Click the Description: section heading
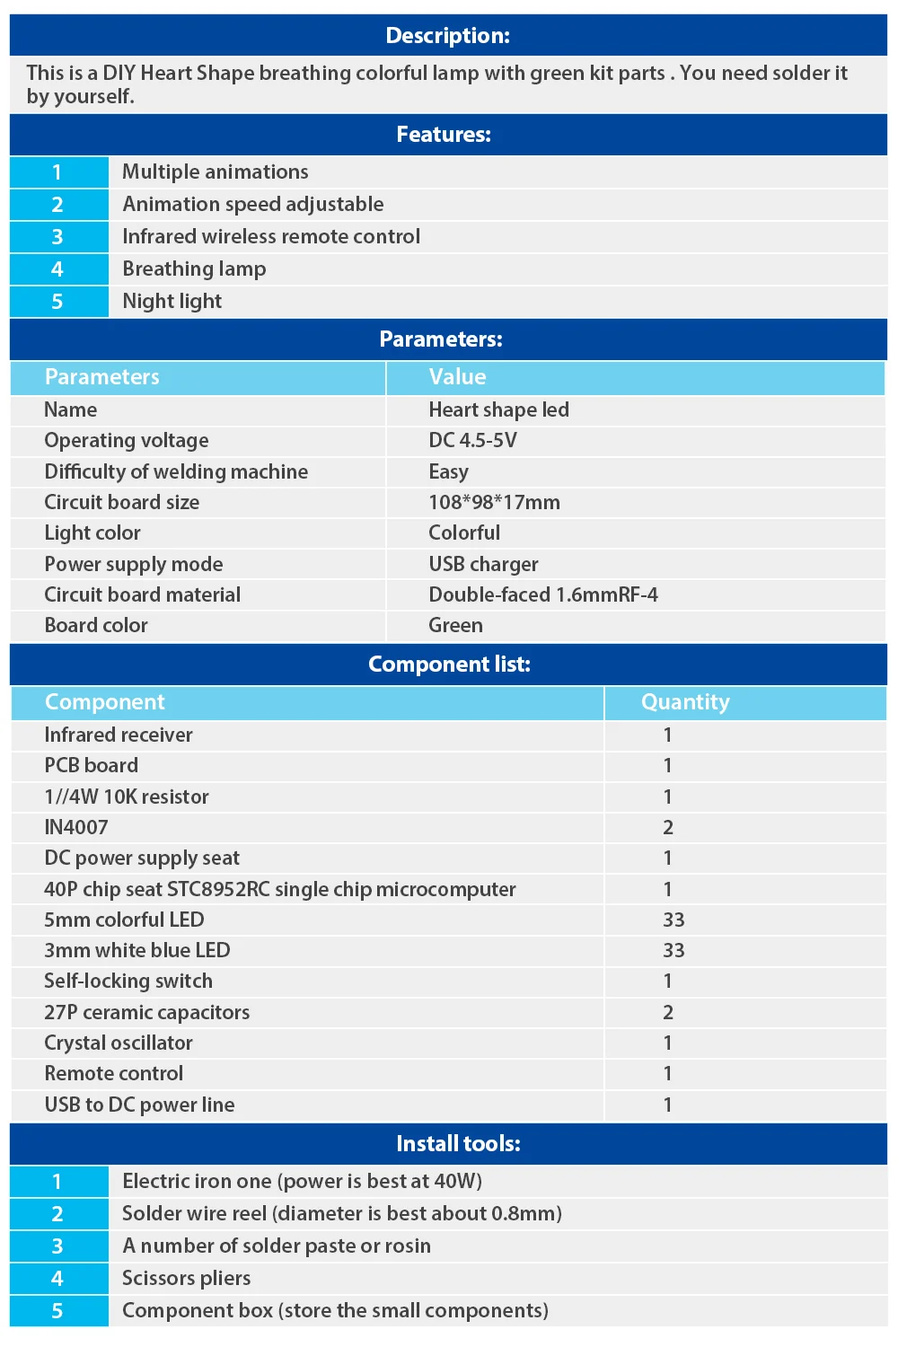click(447, 36)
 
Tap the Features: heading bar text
click(444, 135)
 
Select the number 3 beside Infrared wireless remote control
click(57, 237)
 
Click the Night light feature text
click(172, 302)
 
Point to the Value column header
click(457, 377)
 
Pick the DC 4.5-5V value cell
click(472, 441)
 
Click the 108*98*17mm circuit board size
click(494, 502)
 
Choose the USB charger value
click(483, 564)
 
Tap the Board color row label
click(96, 626)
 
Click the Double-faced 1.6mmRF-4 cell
click(542, 594)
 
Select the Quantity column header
click(685, 702)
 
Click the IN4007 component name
click(76, 827)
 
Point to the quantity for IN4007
click(668, 827)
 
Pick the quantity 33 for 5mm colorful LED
click(673, 920)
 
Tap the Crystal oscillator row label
click(119, 1043)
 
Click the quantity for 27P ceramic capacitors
click(668, 1012)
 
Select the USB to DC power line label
click(139, 1105)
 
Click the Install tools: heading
click(458, 1144)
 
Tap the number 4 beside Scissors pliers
click(57, 1279)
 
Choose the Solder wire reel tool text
click(341, 1214)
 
